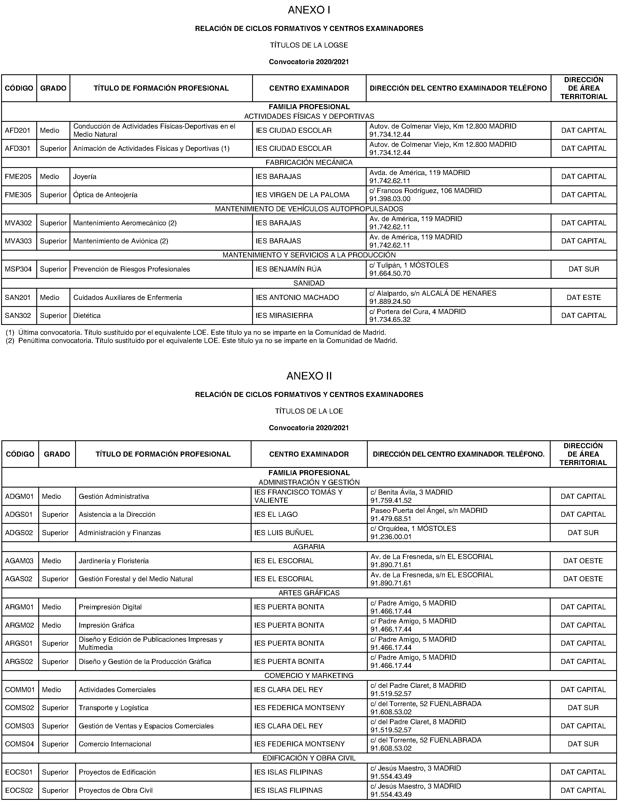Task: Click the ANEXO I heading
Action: pyautogui.click(x=309, y=10)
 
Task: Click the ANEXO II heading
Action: pyautogui.click(x=309, y=376)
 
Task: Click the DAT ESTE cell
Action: pyautogui.click(x=584, y=298)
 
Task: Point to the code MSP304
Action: pyautogui.click(x=18, y=269)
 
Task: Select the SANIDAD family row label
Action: pyautogui.click(x=309, y=283)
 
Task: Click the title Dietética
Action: pyautogui.click(x=87, y=316)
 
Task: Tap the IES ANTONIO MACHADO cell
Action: pyautogui.click(x=297, y=298)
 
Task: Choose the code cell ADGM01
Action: pyautogui.click(x=19, y=497)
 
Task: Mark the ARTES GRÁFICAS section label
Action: pyautogui.click(x=309, y=593)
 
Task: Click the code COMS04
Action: pyautogui.click(x=19, y=744)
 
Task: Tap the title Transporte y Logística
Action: pyautogui.click(x=113, y=708)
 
